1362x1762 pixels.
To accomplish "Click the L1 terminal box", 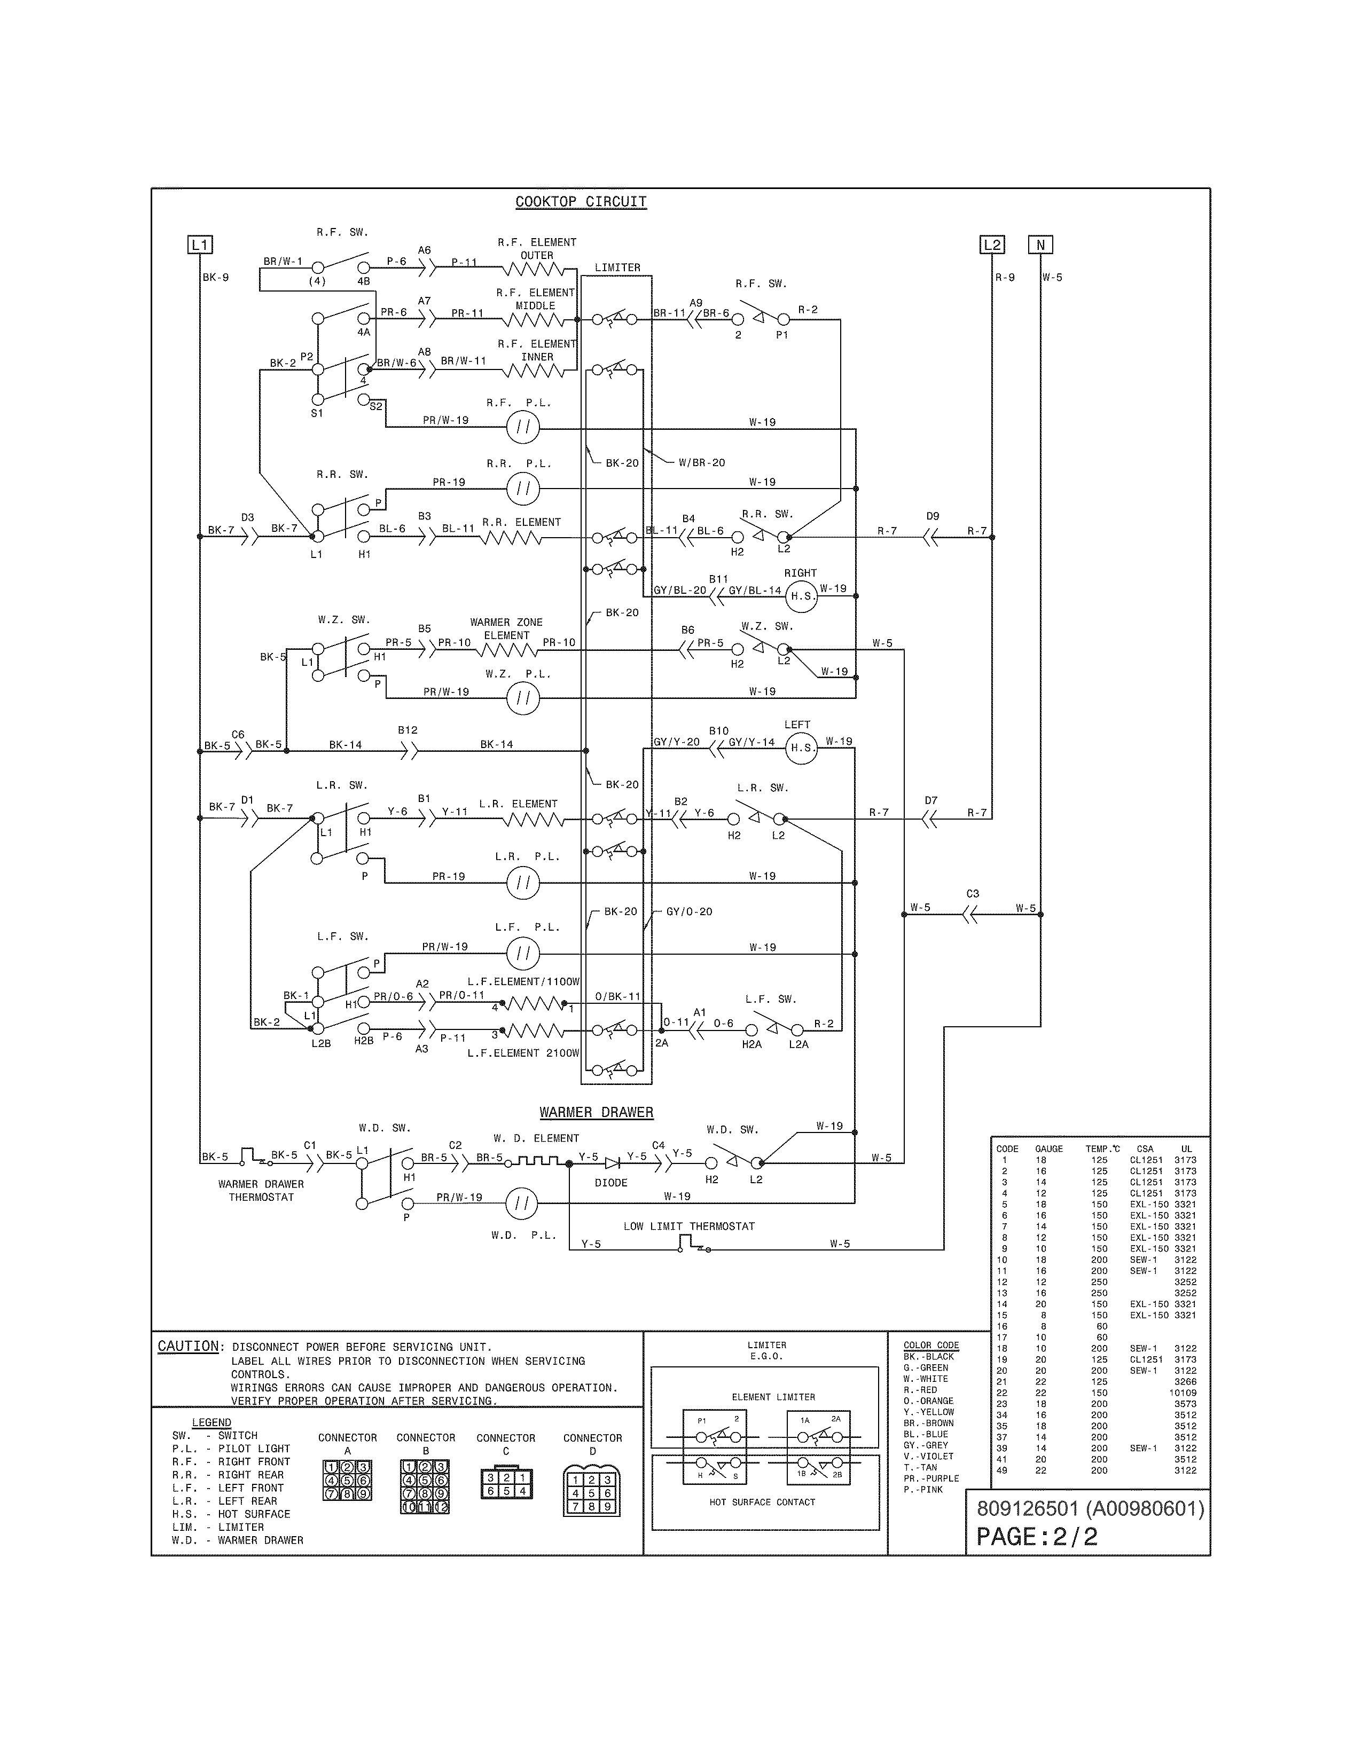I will [200, 245].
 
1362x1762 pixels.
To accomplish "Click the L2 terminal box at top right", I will [992, 245].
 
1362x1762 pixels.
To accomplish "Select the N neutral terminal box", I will [1040, 245].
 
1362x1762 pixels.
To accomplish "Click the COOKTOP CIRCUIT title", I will [581, 202].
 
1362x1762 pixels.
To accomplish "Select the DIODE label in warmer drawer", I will [611, 1183].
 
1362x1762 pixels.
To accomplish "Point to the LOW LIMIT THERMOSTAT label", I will [689, 1226].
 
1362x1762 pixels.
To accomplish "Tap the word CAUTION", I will [188, 1347].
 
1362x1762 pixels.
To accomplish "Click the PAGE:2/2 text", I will [1037, 1536].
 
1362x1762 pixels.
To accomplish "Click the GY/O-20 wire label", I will [689, 911].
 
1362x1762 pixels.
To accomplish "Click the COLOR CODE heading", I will [930, 1345].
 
